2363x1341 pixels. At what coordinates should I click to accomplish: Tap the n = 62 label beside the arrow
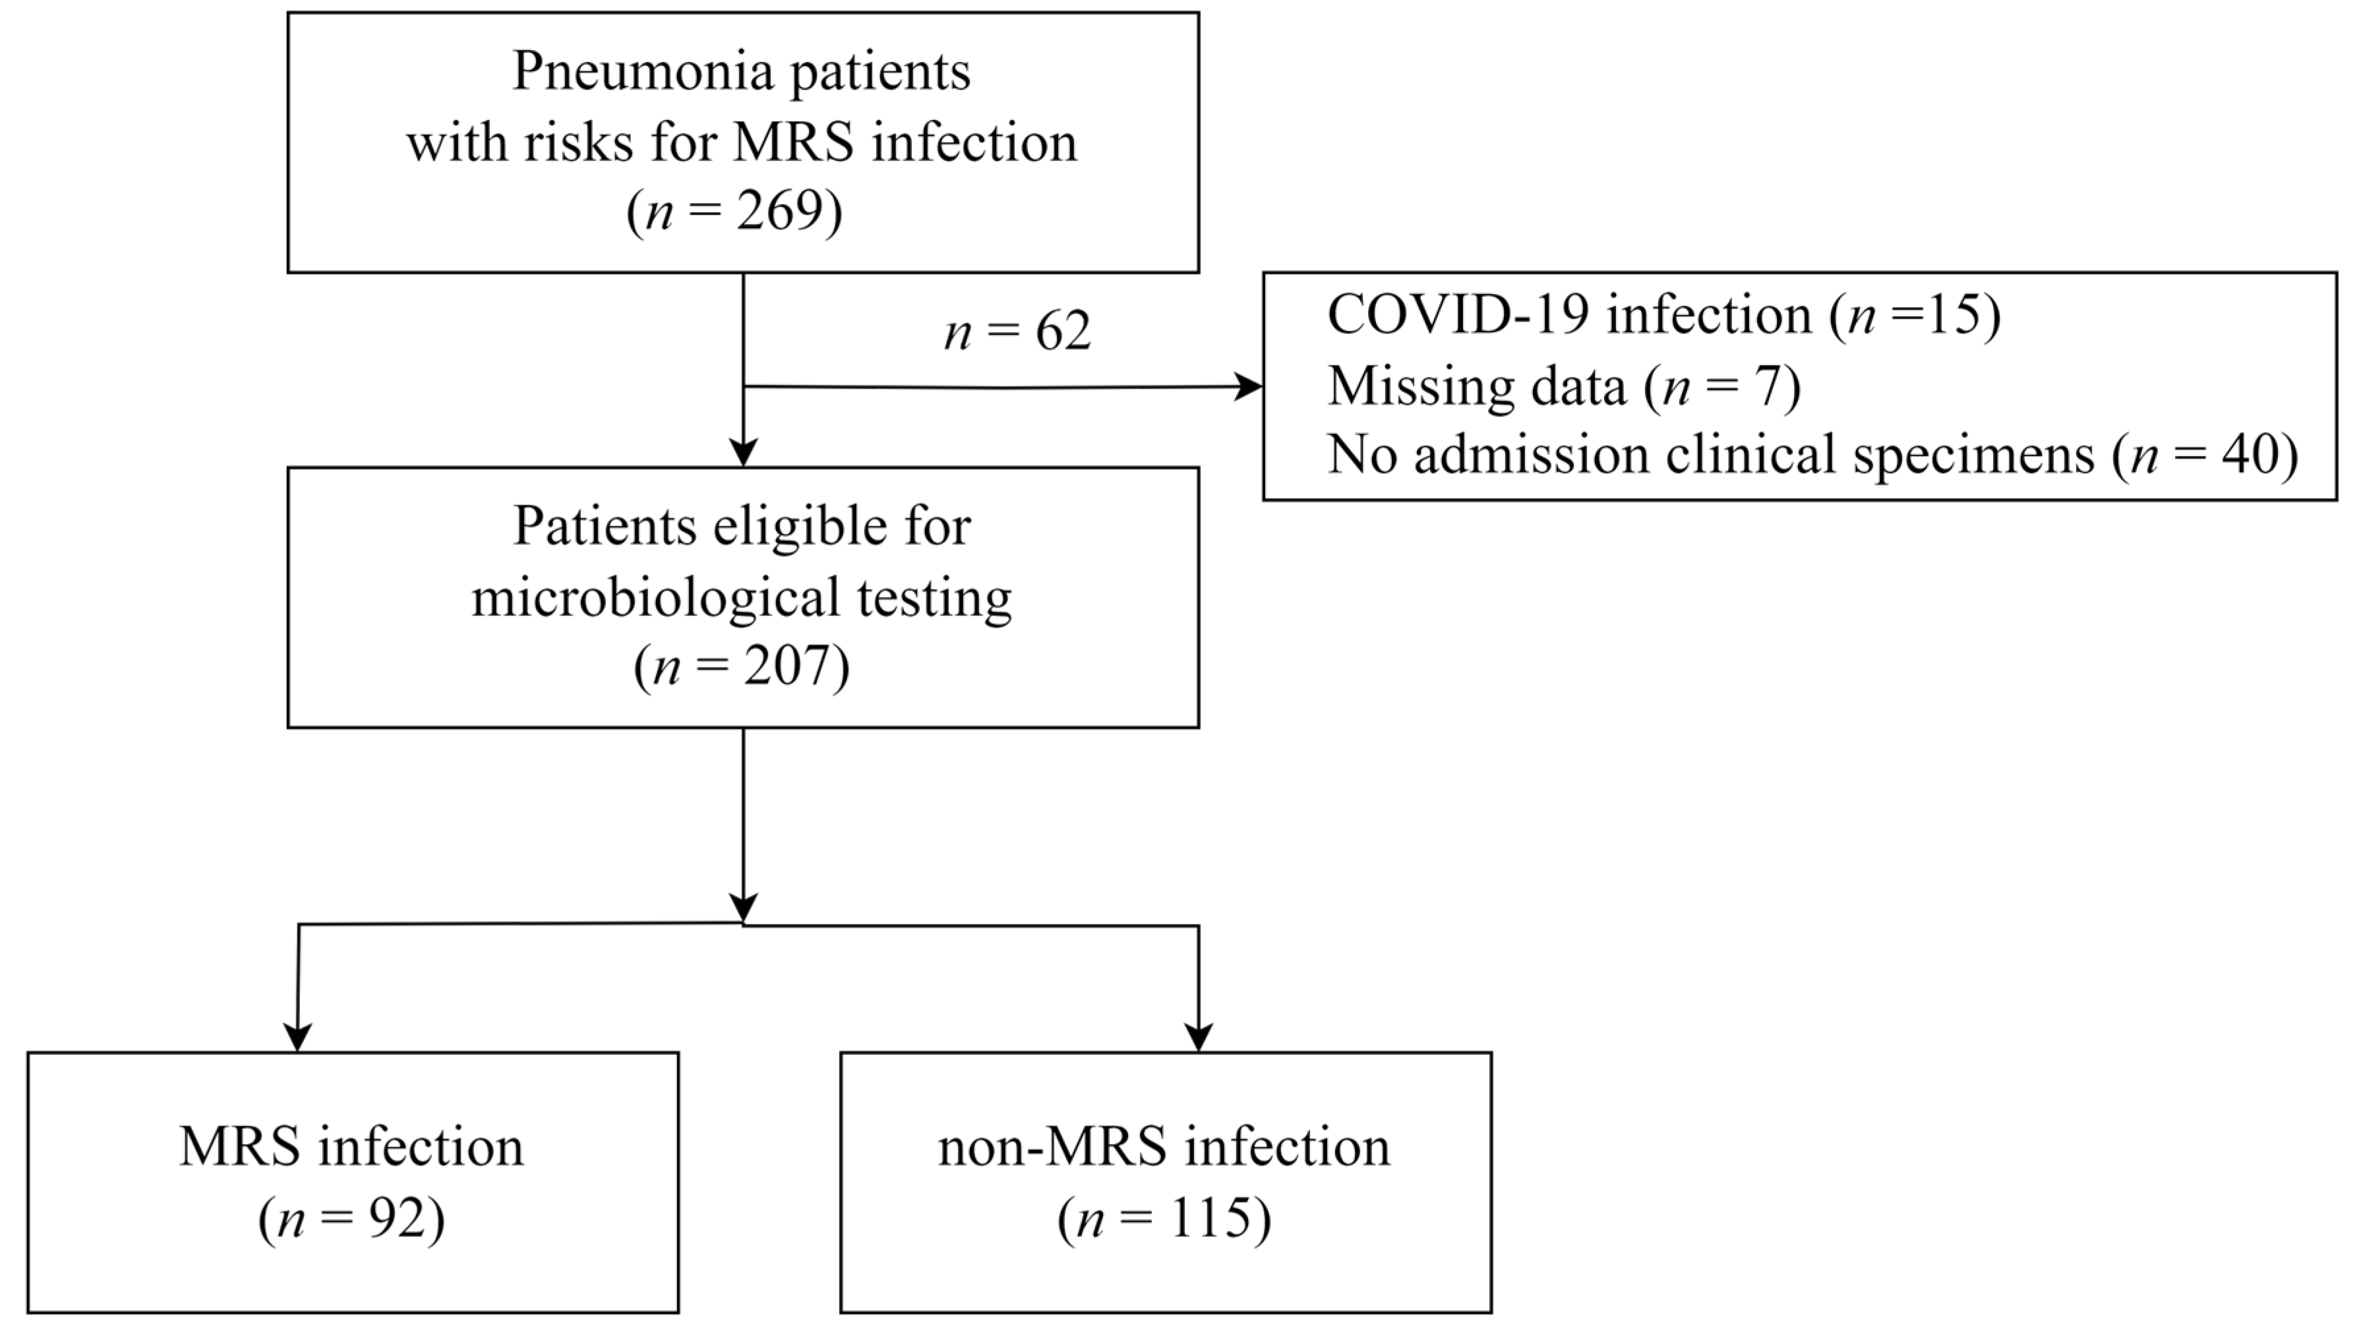(x=1017, y=331)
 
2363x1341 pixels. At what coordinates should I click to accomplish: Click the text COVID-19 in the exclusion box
(x=1458, y=315)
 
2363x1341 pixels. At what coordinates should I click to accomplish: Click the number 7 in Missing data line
(x=1768, y=386)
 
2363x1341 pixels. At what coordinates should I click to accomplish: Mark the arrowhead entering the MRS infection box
(x=297, y=1038)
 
